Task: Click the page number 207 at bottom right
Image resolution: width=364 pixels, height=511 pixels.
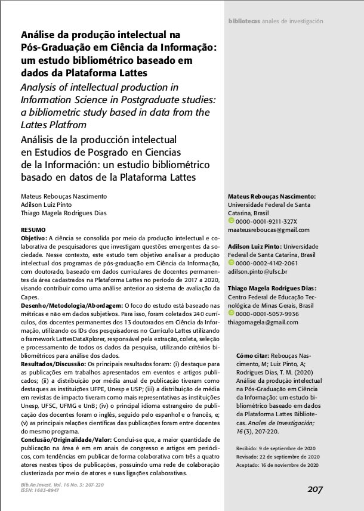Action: point(315,490)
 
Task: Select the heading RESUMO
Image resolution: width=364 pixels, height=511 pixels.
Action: point(35,229)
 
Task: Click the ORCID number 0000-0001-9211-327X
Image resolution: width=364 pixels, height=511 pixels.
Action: point(266,222)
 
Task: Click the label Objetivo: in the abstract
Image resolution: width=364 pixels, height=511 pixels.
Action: point(34,237)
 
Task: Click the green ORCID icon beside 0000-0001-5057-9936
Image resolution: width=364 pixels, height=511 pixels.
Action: point(232,314)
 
